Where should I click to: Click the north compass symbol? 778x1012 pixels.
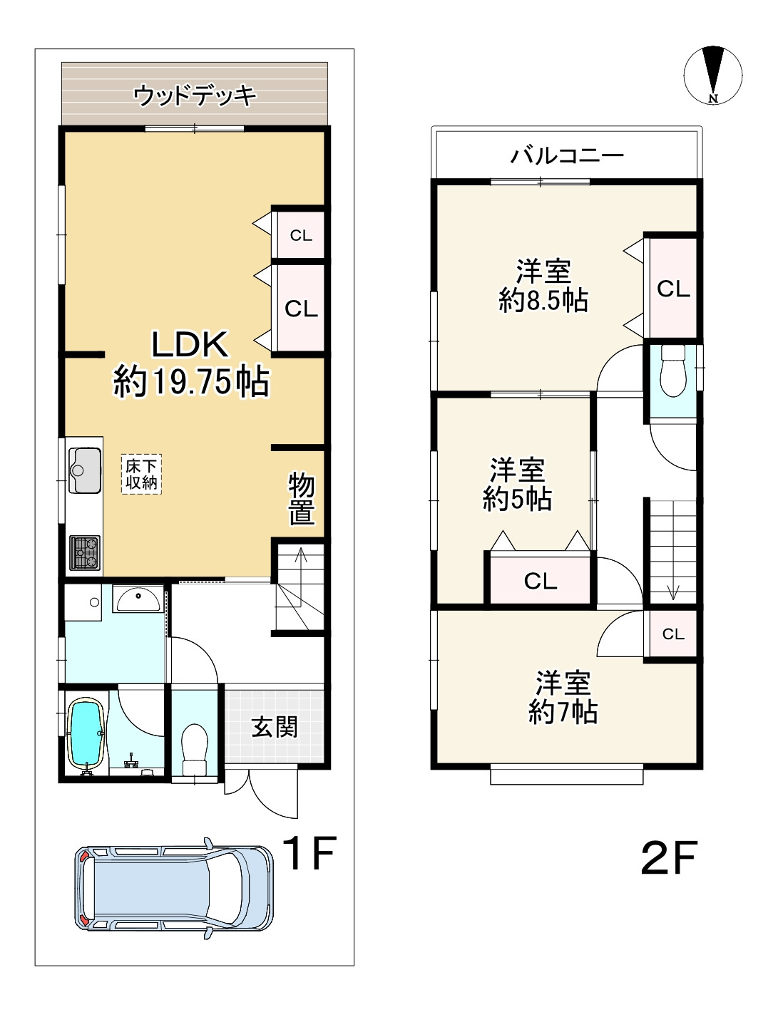tap(712, 74)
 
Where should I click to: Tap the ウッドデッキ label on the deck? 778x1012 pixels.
tap(194, 95)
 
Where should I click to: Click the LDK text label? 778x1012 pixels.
tap(190, 344)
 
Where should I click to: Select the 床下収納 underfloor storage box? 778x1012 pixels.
tap(141, 475)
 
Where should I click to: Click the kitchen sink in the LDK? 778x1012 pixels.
tap(85, 470)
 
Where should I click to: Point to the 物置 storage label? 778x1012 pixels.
tap(301, 498)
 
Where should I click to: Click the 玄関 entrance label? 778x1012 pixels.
tap(275, 727)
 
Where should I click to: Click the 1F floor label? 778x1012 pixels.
tap(308, 853)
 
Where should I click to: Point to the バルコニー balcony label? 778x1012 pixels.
tap(568, 155)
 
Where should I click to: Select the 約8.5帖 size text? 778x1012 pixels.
tap(543, 301)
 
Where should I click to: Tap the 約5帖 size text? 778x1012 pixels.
tap(517, 499)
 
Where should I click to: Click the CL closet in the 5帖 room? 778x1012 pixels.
tap(540, 581)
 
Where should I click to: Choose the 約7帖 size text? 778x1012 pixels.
tap(563, 712)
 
